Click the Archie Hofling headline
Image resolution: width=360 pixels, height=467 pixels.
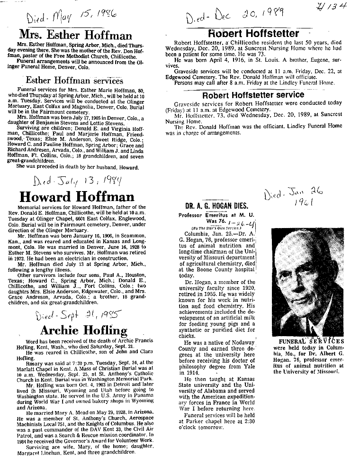click(84, 330)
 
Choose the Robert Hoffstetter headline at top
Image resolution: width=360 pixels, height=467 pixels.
click(253, 34)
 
